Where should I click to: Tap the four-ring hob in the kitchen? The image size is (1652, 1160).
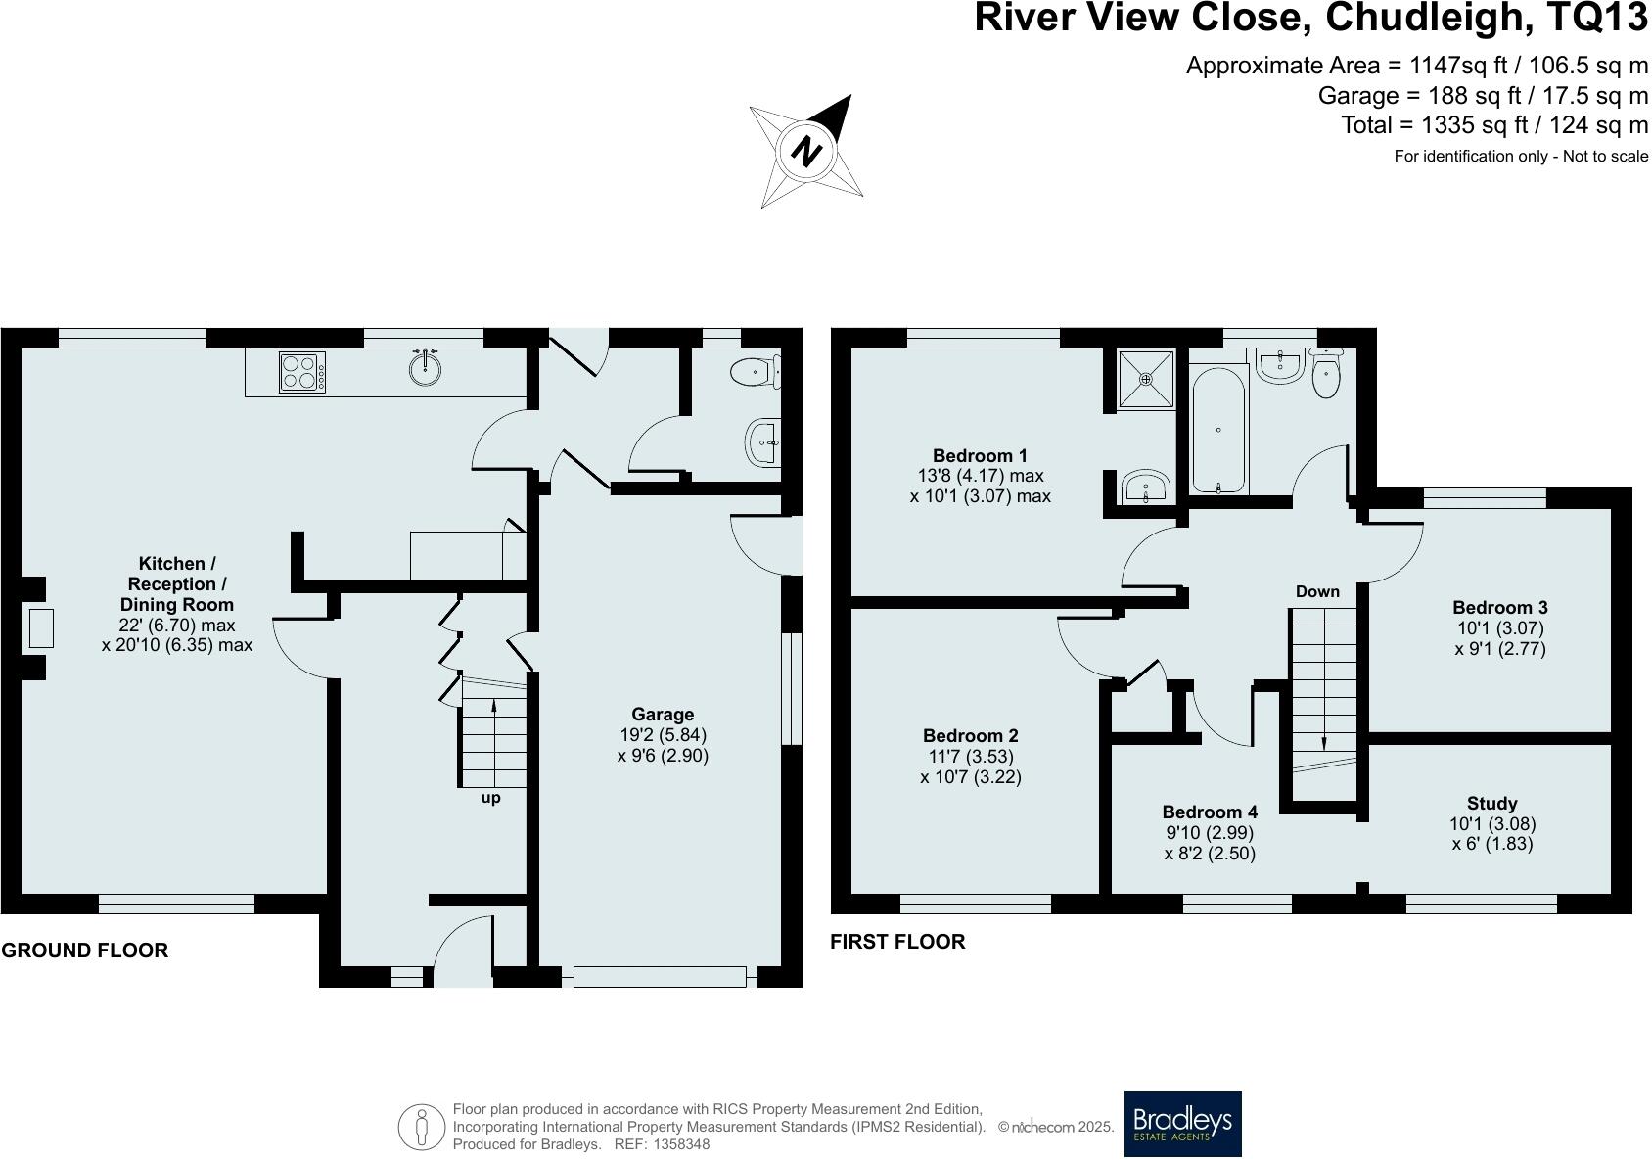[x=302, y=372]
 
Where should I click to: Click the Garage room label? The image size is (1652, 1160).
[x=663, y=715]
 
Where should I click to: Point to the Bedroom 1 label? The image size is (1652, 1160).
[x=980, y=455]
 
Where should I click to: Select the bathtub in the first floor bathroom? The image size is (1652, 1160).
[x=1218, y=431]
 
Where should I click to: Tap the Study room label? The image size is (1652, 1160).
[x=1491, y=803]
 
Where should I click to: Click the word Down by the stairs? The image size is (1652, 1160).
[x=1317, y=591]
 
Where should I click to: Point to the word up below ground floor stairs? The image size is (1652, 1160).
[x=490, y=798]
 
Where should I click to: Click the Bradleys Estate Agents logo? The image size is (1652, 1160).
[x=1182, y=1124]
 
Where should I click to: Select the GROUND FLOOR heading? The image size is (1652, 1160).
[x=84, y=950]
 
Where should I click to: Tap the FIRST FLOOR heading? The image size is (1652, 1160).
[x=897, y=941]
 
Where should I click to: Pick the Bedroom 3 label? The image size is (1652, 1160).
[x=1499, y=608]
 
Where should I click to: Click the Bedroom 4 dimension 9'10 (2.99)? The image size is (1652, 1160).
[x=1210, y=832]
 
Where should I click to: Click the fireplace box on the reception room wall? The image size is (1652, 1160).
[x=40, y=627]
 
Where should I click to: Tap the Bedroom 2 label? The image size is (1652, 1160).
[x=970, y=735]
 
